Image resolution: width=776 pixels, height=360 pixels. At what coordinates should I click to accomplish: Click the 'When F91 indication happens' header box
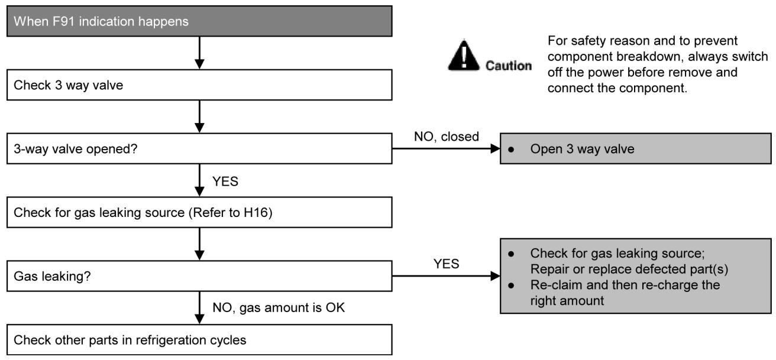click(199, 21)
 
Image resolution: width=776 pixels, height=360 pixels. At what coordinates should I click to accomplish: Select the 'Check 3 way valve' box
click(199, 85)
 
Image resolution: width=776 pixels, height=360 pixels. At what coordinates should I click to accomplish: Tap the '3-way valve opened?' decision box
click(199, 148)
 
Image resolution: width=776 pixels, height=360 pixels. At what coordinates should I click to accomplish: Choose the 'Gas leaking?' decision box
click(199, 276)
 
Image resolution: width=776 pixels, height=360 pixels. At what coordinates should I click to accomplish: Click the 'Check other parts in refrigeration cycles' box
click(199, 339)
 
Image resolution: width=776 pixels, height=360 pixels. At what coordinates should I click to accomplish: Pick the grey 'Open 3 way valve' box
click(636, 148)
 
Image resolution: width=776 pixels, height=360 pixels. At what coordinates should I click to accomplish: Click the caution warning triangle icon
click(464, 56)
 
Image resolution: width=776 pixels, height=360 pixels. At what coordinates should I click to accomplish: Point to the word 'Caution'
click(508, 66)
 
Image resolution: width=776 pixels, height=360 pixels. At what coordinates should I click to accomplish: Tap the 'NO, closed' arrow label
click(447, 137)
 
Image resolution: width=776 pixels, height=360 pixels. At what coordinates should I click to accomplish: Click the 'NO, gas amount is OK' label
click(279, 307)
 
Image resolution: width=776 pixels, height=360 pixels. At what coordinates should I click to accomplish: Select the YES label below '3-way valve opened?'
click(225, 181)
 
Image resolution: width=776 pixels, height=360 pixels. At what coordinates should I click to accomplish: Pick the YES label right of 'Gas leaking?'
click(446, 264)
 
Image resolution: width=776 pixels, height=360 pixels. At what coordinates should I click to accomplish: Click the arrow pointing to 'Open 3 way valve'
click(446, 148)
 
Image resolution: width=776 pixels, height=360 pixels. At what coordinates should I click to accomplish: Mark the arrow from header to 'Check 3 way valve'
click(199, 53)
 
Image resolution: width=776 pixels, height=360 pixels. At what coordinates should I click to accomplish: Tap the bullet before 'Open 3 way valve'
click(511, 150)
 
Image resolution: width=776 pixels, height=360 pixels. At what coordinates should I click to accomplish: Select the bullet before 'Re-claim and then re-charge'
click(511, 286)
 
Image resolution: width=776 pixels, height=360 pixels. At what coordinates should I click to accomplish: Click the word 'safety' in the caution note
click(590, 41)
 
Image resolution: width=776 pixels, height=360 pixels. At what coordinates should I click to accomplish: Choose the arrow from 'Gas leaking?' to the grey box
click(446, 276)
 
